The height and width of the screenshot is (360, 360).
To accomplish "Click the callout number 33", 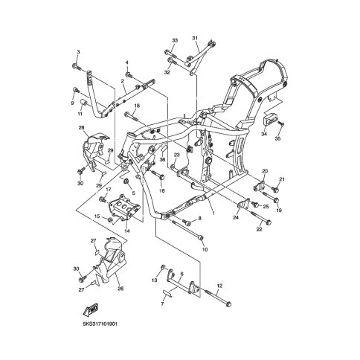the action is coord(175,40).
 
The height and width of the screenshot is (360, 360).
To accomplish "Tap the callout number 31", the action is coord(195,38).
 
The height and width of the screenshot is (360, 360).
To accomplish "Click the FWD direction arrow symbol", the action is coord(91,309).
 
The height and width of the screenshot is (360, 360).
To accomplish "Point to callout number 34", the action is coord(264,134).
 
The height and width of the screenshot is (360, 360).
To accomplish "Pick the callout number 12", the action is coord(219,286).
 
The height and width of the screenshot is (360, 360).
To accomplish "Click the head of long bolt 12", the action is coord(229,303).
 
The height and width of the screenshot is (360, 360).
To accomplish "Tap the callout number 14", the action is coord(127,231).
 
